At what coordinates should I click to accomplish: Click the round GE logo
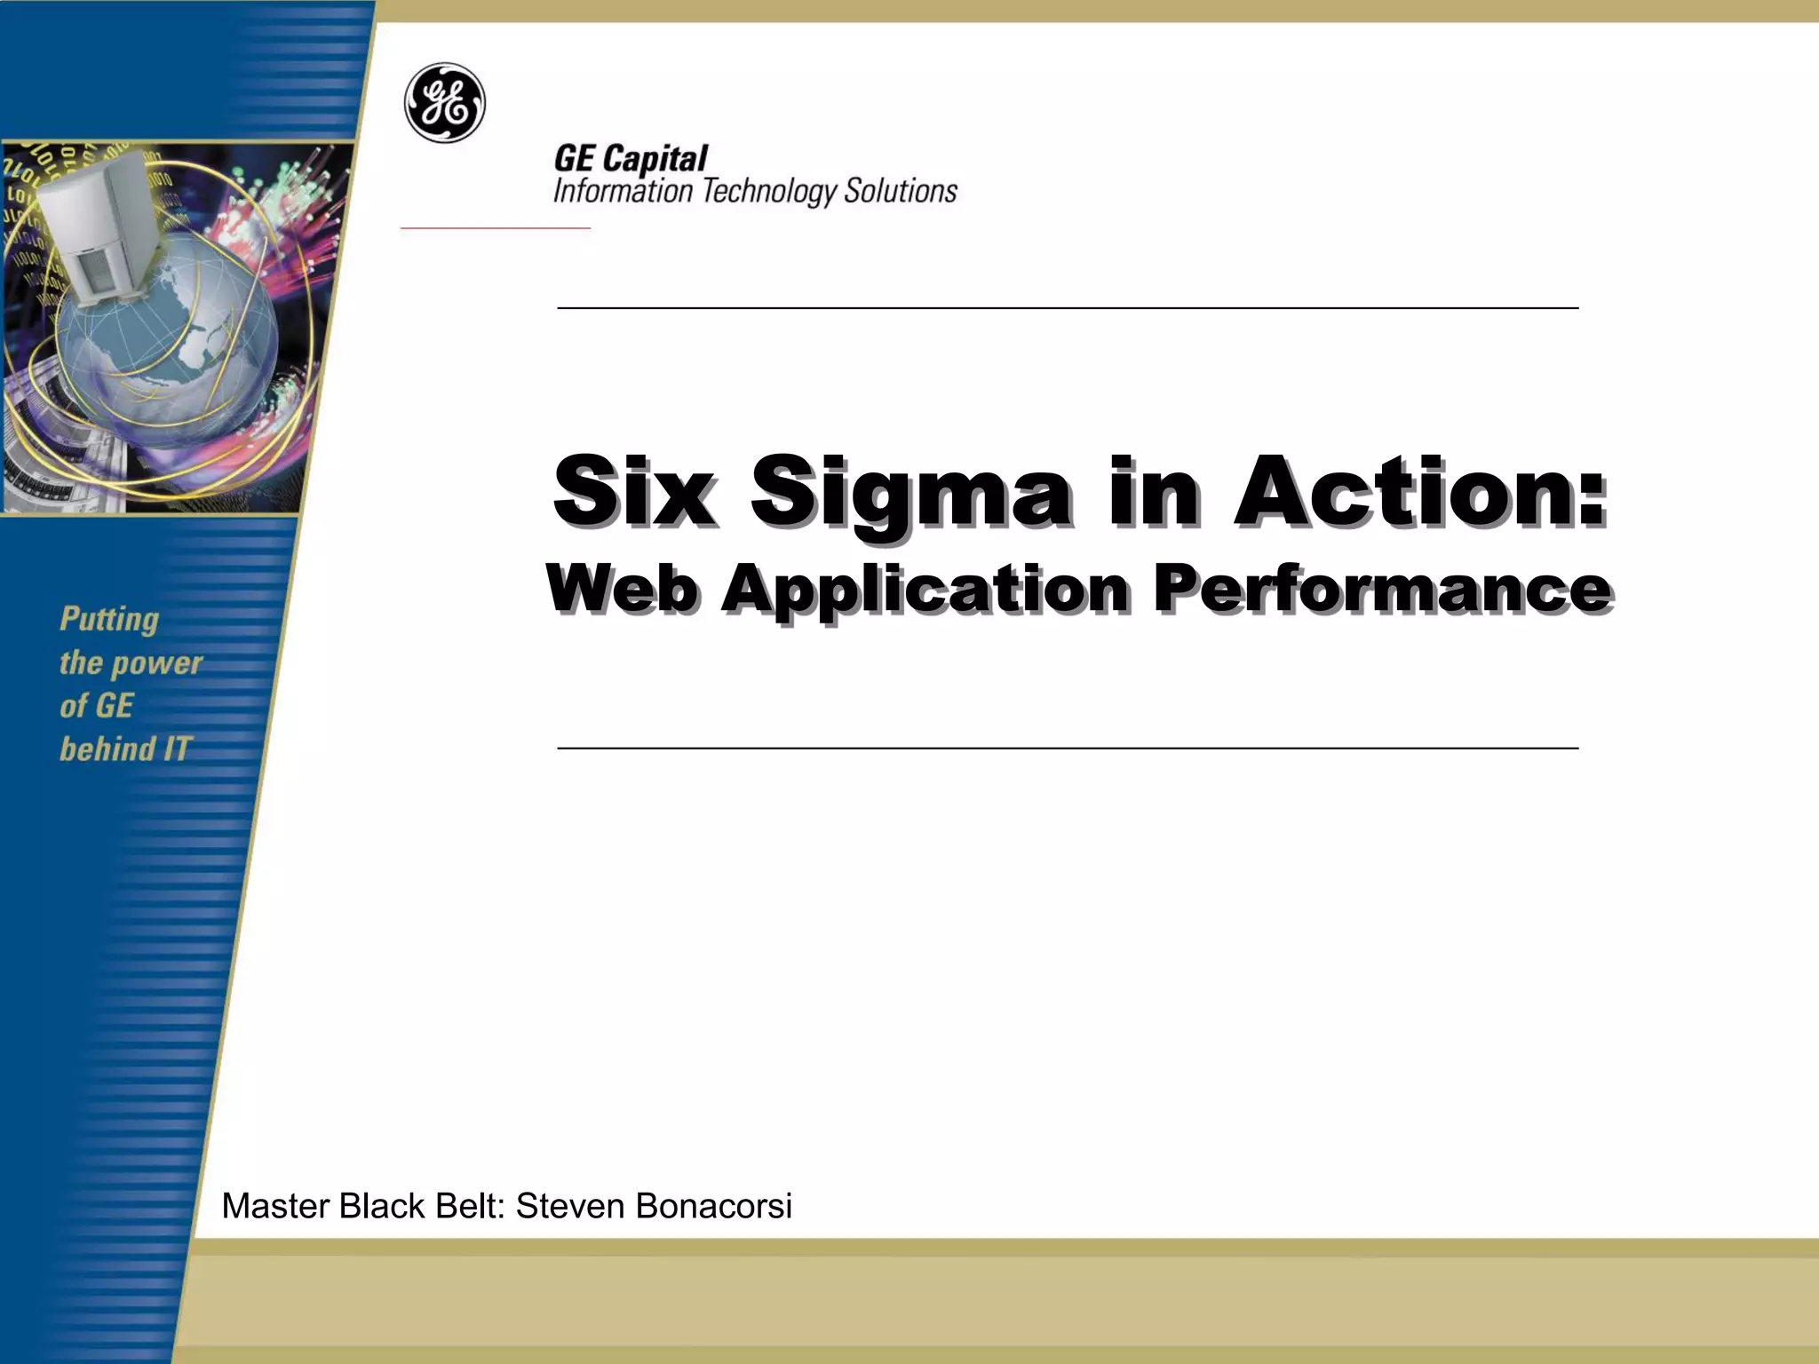pos(445,103)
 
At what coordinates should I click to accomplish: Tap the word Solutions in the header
pos(901,191)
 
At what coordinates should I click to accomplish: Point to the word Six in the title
pos(633,491)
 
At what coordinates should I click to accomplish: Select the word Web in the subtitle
pos(621,589)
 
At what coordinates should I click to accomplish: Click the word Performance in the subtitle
pos(1382,589)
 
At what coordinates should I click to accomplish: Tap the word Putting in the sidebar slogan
pos(109,620)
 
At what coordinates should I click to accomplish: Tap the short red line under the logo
pos(495,228)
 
